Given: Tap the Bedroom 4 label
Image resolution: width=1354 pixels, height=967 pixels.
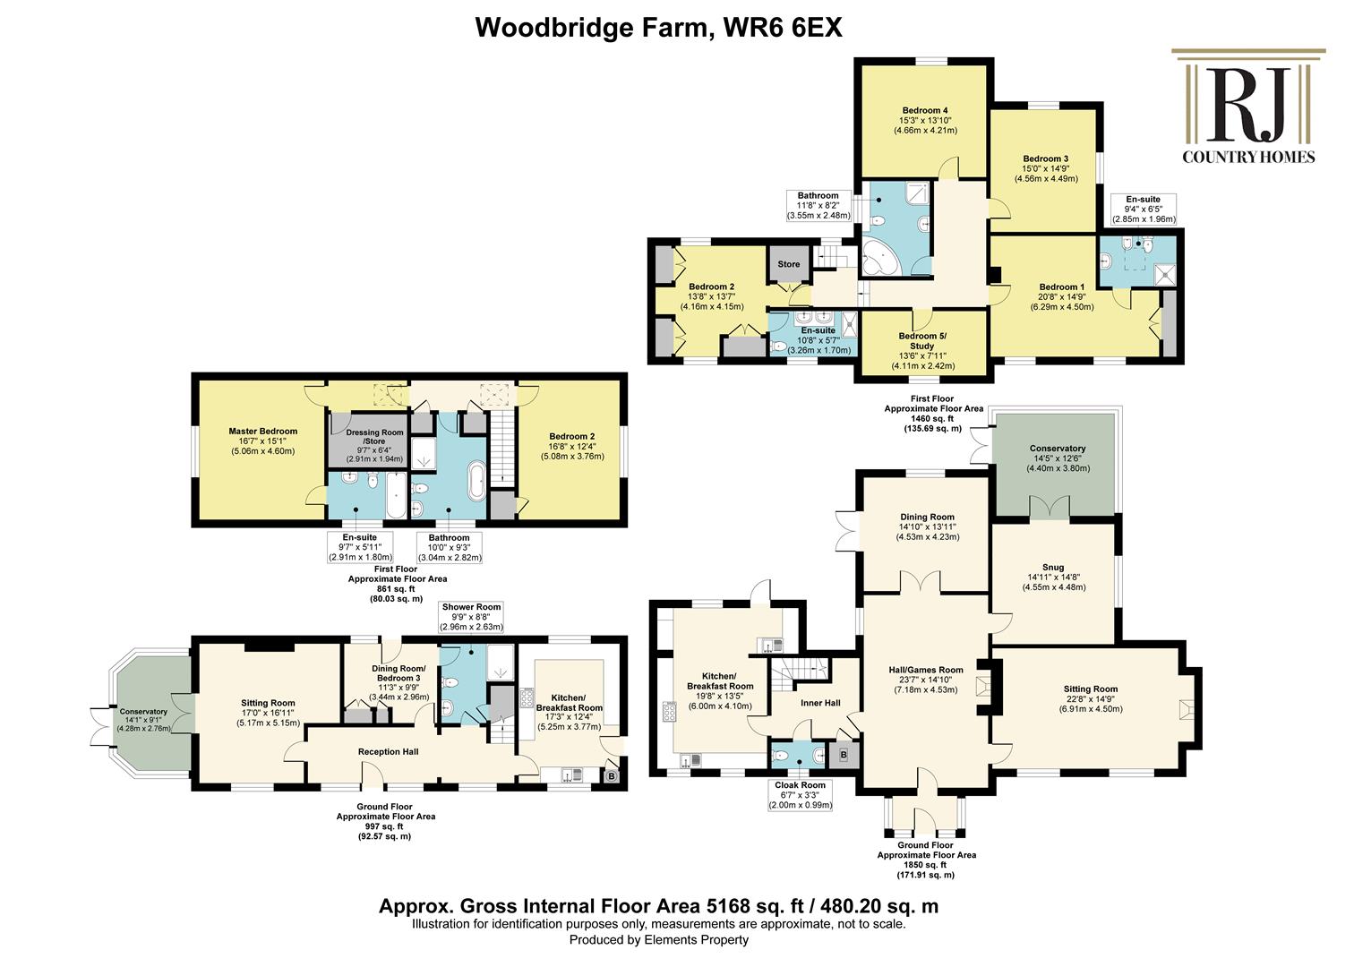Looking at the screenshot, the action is [x=925, y=111].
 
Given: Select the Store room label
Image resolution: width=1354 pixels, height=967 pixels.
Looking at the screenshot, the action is [x=788, y=264].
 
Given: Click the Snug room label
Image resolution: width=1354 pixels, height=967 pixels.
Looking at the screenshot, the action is [x=1053, y=568].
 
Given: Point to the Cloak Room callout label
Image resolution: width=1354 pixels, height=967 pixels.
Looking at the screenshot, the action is [x=800, y=785].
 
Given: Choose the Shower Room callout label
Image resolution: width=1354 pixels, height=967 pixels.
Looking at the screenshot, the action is [x=471, y=607].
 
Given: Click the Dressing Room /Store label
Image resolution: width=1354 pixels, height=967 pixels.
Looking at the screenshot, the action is [x=374, y=437].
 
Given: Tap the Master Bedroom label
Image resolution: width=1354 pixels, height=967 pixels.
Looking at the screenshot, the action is [x=263, y=432].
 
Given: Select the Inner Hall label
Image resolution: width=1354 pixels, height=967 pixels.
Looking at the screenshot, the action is [x=820, y=703].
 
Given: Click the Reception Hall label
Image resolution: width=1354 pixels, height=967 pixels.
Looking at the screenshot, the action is [x=388, y=752].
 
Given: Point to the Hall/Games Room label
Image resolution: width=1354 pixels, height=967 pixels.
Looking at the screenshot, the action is [x=926, y=670].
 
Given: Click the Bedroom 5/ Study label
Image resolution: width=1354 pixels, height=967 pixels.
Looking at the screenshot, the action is [x=922, y=341].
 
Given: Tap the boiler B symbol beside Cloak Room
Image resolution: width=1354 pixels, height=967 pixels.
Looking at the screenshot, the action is [x=844, y=755].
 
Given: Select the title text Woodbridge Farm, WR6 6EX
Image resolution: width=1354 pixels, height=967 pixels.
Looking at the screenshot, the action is [x=658, y=28].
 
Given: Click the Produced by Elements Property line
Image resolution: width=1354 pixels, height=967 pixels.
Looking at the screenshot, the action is [x=659, y=940].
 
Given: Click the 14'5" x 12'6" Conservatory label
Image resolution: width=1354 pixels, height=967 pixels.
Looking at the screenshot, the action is [x=1058, y=458].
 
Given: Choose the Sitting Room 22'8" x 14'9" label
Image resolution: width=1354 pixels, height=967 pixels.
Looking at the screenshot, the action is [x=1091, y=698].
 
